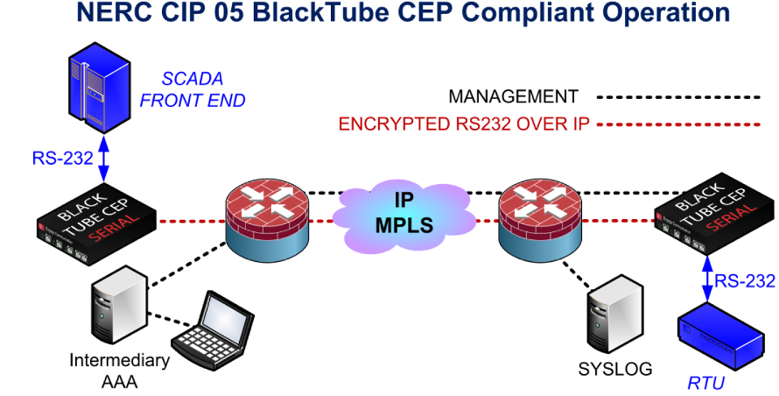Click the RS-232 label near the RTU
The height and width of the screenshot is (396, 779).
745,281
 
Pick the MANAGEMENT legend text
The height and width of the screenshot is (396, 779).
513,96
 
